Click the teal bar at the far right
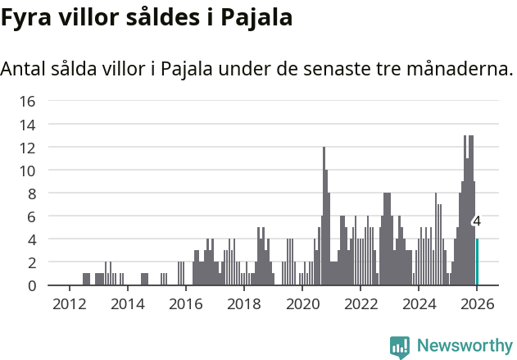tap(477, 262)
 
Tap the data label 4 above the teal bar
tap(477, 221)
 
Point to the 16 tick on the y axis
tap(27, 102)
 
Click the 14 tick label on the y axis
tap(27, 125)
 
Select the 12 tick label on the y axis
tap(27, 148)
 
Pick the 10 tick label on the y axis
tap(27, 171)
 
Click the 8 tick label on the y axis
tap(31, 194)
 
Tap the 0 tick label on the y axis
tap(31, 285)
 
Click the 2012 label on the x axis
tap(69, 303)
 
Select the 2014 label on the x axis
tap(127, 303)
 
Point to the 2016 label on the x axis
tap(185, 303)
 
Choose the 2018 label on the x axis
tap(243, 303)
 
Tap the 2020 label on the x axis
tap(302, 303)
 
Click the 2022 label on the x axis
tap(360, 303)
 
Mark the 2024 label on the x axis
tap(418, 303)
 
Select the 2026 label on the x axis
tap(476, 303)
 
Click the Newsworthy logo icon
tap(400, 346)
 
